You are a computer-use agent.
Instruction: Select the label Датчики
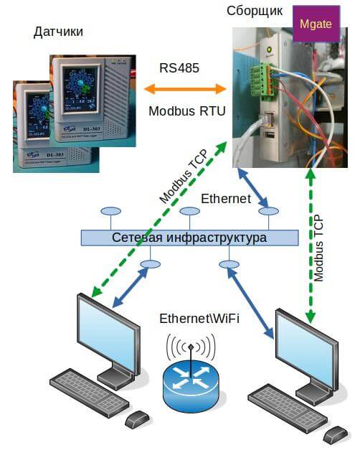pos(58,32)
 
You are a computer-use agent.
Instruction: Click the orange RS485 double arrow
pos(185,89)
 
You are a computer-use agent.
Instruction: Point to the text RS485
pos(179,68)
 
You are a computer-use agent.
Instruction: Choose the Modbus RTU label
pos(186,112)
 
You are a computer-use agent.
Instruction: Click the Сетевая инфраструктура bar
pos(189,238)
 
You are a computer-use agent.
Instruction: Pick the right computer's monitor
pos(307,347)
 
